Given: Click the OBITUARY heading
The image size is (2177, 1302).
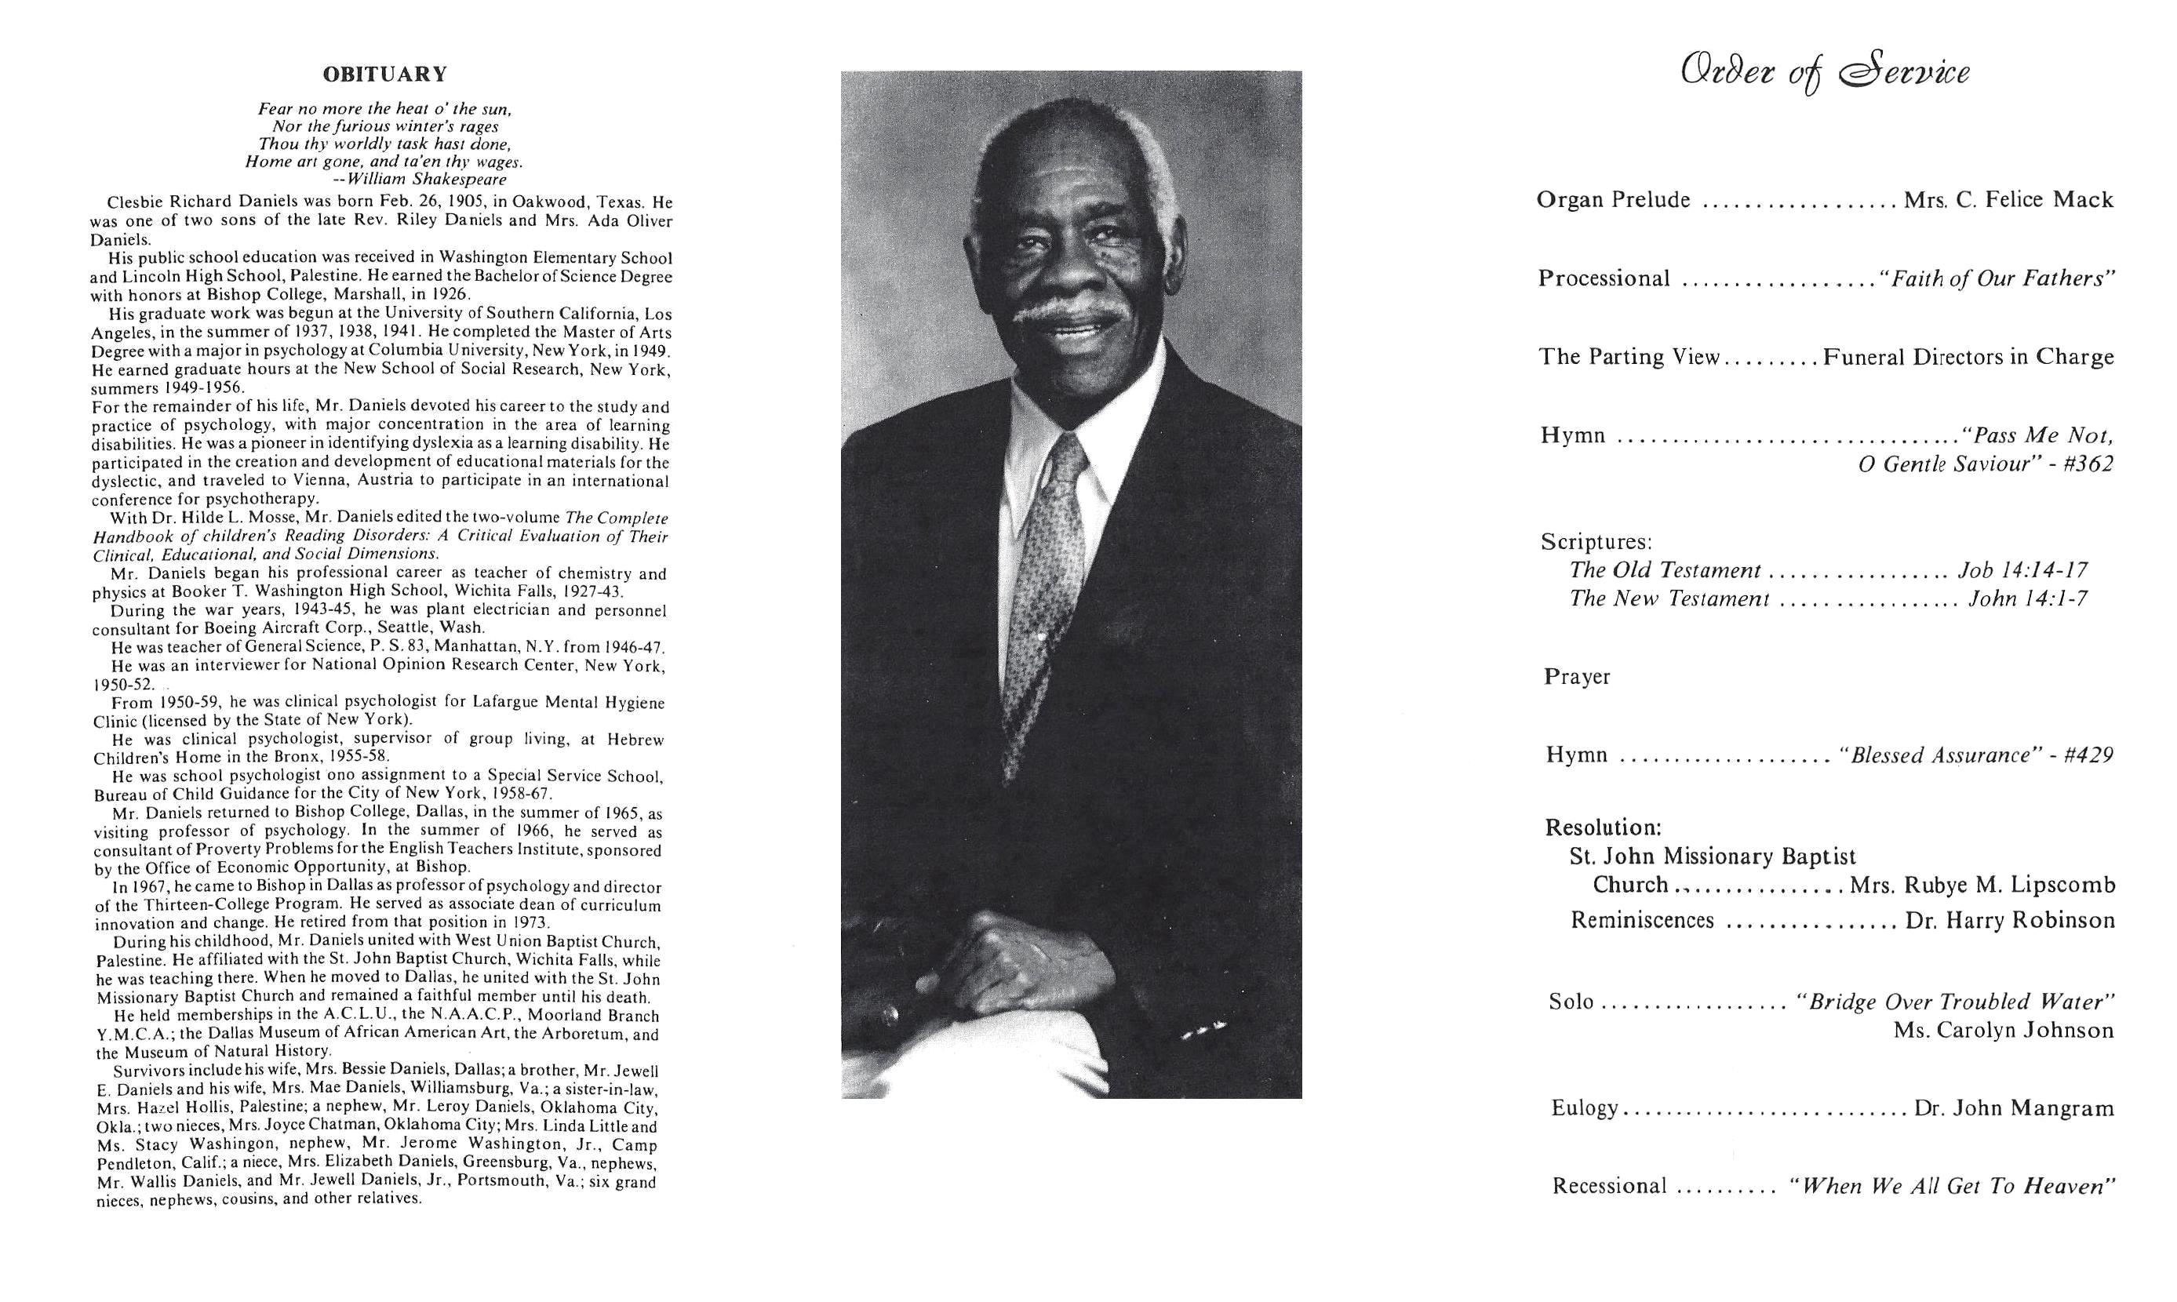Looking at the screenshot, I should click(x=384, y=74).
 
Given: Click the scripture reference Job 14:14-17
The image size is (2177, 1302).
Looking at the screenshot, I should click(x=2022, y=570).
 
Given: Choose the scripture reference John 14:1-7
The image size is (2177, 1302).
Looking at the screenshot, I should click(x=2028, y=598).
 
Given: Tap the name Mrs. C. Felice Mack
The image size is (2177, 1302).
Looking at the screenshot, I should click(x=2008, y=200).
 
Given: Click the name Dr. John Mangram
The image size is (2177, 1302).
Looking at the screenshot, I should click(x=2014, y=1108).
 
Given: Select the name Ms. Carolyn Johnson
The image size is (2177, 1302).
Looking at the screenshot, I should click(x=2004, y=1030).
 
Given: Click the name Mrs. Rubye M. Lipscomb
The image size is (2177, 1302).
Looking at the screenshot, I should click(x=1982, y=886).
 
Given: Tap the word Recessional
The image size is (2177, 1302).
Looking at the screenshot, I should click(x=1609, y=1186).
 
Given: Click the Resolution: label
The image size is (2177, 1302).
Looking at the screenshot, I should click(x=1604, y=827).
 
